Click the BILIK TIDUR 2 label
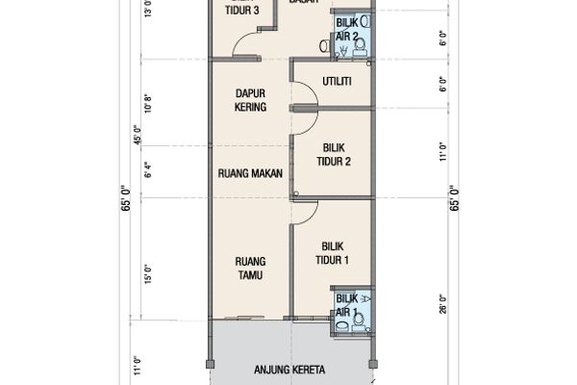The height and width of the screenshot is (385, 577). click(x=333, y=155)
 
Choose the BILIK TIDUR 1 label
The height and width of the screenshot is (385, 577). click(x=333, y=253)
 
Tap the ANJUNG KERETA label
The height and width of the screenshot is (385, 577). click(x=289, y=371)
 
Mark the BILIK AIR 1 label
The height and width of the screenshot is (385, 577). click(x=346, y=306)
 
